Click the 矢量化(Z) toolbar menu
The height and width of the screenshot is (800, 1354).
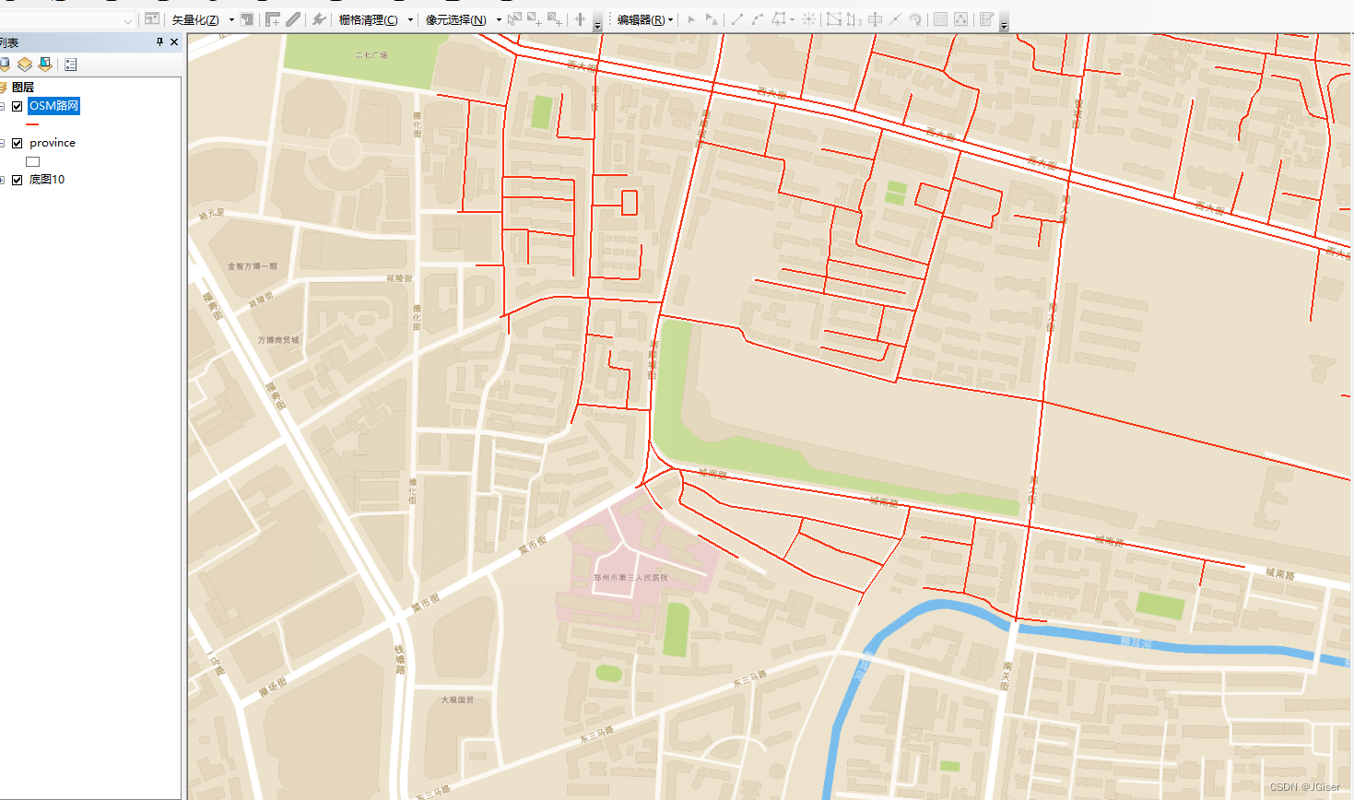(x=195, y=19)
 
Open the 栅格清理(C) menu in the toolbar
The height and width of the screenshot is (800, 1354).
(x=368, y=19)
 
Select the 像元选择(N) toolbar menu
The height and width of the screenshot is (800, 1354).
(x=455, y=19)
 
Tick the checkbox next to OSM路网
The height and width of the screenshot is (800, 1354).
(x=17, y=106)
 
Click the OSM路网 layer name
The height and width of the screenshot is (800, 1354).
(x=54, y=106)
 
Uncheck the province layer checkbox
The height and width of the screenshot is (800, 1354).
(x=17, y=143)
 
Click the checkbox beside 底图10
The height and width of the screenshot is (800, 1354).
(x=17, y=180)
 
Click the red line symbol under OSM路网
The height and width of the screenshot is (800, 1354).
(x=32, y=124)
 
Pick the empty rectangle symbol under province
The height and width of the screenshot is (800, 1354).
(x=32, y=161)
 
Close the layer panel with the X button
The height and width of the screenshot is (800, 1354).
(x=174, y=42)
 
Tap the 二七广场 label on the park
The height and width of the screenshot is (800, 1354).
(x=371, y=55)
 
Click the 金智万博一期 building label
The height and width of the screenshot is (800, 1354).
(x=253, y=266)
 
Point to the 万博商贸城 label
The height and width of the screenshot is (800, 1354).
(x=278, y=340)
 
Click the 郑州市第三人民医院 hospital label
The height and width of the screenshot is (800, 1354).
(x=630, y=578)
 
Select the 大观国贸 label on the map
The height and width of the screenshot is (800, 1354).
(x=457, y=700)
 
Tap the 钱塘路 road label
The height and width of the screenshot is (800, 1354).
(x=400, y=660)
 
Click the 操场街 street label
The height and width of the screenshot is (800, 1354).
(x=273, y=687)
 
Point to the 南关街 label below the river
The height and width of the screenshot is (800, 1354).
(x=1007, y=676)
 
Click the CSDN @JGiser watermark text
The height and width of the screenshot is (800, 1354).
(x=1304, y=787)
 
